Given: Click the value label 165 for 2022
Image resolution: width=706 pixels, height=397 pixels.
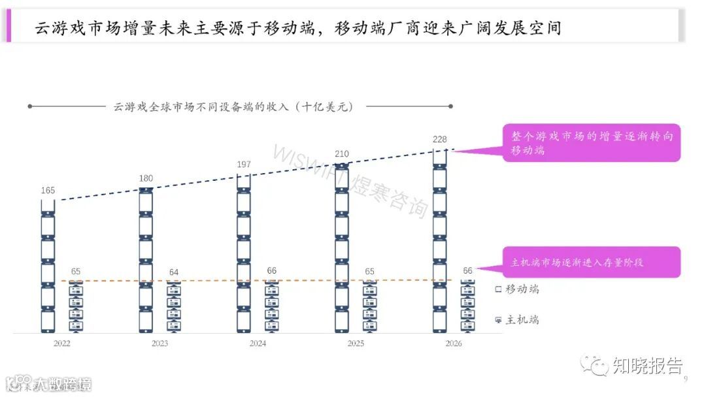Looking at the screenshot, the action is click(48, 191).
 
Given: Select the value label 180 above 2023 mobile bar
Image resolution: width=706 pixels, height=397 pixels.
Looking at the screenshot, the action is click(146, 178).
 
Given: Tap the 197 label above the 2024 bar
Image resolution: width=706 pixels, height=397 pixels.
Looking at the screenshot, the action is click(244, 164).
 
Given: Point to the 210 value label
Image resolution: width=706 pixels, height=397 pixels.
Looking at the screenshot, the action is click(342, 154).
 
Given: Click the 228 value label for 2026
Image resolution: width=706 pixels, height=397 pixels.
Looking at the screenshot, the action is click(439, 138).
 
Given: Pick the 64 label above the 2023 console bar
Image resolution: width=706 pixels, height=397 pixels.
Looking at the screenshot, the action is click(173, 272).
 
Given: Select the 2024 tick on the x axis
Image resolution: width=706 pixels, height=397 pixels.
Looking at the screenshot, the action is click(258, 343).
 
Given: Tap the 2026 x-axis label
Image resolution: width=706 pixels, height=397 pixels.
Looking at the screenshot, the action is click(453, 343).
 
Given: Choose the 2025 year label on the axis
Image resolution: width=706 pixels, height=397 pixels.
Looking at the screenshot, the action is click(356, 343).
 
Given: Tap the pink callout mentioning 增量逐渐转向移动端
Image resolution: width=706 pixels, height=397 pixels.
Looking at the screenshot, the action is click(592, 143).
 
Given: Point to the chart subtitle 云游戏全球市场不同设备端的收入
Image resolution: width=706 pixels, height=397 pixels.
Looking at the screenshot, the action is click(233, 107).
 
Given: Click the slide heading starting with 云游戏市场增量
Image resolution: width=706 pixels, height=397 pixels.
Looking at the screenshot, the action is click(297, 28).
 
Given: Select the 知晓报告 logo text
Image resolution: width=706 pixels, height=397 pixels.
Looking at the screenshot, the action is click(647, 366).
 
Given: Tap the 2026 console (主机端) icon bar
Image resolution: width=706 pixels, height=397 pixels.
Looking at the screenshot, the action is click(467, 307).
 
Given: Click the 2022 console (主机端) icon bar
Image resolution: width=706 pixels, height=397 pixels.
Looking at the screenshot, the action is click(76, 307).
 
